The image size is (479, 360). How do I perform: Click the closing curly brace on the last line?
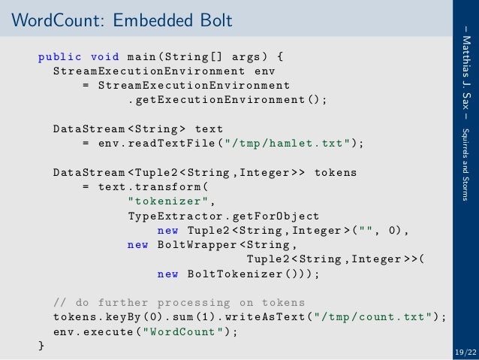point(41,346)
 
